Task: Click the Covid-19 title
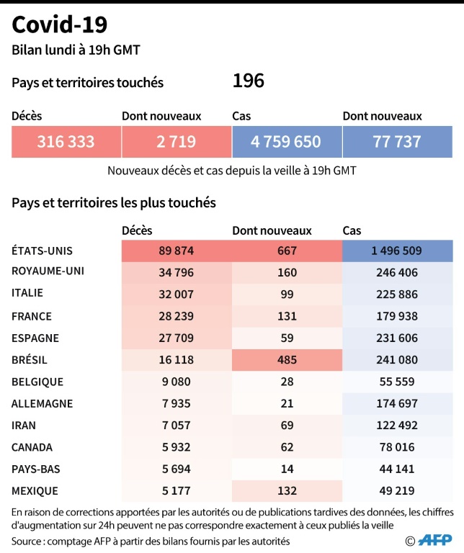60,24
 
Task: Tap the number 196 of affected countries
248,81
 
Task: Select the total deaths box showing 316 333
66,142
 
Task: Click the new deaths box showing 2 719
177,142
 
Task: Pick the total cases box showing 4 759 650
287,142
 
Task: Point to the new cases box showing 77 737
397,142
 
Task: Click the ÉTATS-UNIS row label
43,251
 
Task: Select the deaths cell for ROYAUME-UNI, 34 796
177,272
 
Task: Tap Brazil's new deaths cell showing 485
287,360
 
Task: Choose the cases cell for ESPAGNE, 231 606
397,338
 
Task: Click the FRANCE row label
32,316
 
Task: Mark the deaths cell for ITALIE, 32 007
177,294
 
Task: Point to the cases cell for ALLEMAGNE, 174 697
397,404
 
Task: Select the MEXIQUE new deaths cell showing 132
287,491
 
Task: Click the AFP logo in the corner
437,540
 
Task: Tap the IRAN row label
25,426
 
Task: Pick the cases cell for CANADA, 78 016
397,447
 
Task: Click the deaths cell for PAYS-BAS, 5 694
177,469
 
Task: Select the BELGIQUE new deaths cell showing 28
287,382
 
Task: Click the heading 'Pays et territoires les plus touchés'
114,203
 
